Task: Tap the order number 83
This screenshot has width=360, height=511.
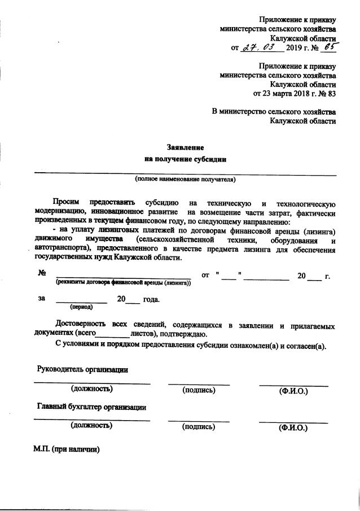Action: point(332,93)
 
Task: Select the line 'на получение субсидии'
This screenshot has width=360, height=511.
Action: point(185,159)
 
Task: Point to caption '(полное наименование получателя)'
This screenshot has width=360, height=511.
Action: point(185,180)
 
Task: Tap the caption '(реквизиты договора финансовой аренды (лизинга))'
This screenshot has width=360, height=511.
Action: point(123,282)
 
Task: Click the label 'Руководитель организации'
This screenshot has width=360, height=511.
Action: point(82,369)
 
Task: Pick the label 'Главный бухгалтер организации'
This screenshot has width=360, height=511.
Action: point(92,407)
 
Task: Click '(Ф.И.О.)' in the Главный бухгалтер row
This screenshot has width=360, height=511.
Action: point(293,427)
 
